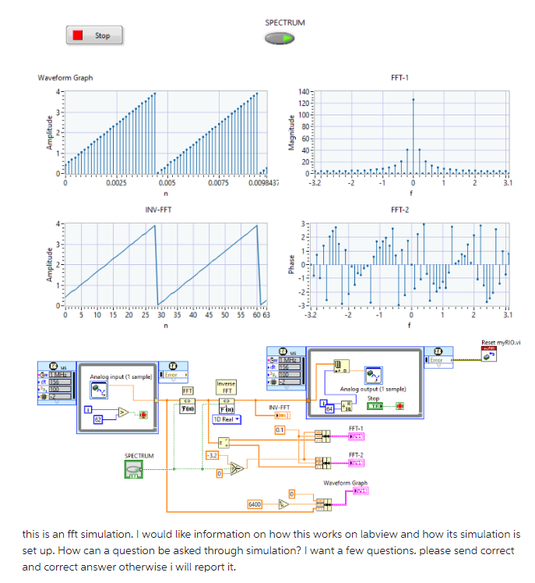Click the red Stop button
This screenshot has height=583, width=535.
tap(94, 35)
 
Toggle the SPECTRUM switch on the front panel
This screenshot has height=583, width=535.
tap(284, 37)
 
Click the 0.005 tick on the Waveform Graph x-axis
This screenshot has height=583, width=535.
tap(167, 182)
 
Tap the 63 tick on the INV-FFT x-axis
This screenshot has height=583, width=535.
tap(266, 315)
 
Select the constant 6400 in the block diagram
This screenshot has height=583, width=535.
tap(255, 505)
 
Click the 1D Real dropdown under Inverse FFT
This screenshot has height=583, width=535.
tap(226, 419)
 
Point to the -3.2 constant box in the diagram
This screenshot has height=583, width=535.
tap(210, 454)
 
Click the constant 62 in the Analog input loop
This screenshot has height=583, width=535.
tap(97, 419)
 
